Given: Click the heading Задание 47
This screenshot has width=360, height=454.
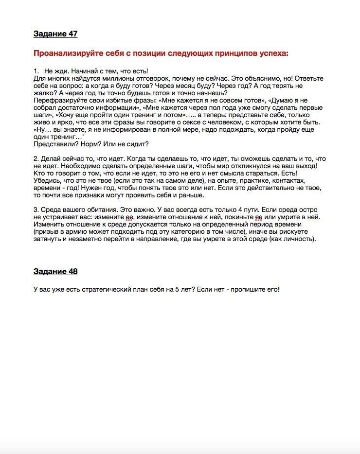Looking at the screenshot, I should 55,34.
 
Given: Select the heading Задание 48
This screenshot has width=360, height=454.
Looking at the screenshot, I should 55,271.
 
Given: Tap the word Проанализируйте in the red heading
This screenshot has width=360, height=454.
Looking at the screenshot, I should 68,53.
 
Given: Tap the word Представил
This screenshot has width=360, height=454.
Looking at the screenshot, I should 54,144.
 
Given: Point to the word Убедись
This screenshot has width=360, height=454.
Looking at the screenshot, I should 48,181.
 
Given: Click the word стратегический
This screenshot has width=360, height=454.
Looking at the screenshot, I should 103,290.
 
